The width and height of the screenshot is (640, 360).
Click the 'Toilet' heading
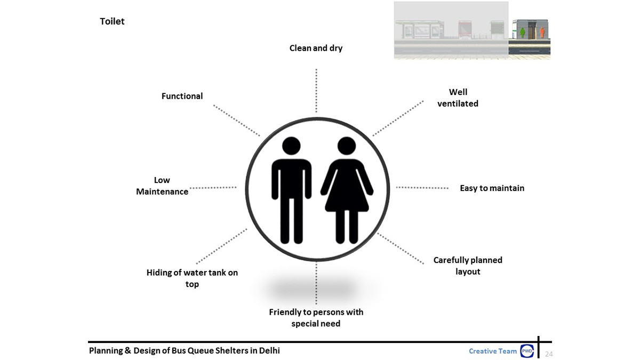[112, 21]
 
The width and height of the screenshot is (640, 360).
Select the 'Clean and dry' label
[316, 48]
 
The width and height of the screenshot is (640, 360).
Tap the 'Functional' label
[182, 96]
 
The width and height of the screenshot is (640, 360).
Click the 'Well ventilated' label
[458, 98]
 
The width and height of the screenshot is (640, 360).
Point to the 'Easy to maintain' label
[492, 188]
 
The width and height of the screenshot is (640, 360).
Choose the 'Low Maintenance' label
[162, 186]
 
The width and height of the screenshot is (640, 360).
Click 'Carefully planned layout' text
[468, 266]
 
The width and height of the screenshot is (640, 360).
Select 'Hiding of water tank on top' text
[192, 278]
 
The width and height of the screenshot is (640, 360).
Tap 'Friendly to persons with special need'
[316, 317]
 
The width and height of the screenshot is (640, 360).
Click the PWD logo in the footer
[527, 351]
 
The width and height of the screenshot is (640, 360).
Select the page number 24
[549, 354]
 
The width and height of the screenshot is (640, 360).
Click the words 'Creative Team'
[492, 351]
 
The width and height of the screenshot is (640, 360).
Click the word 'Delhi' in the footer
[269, 350]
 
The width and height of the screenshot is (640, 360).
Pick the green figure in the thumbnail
[523, 33]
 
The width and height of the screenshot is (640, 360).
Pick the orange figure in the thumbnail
[542, 33]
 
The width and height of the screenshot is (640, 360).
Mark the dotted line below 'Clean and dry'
[316, 91]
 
